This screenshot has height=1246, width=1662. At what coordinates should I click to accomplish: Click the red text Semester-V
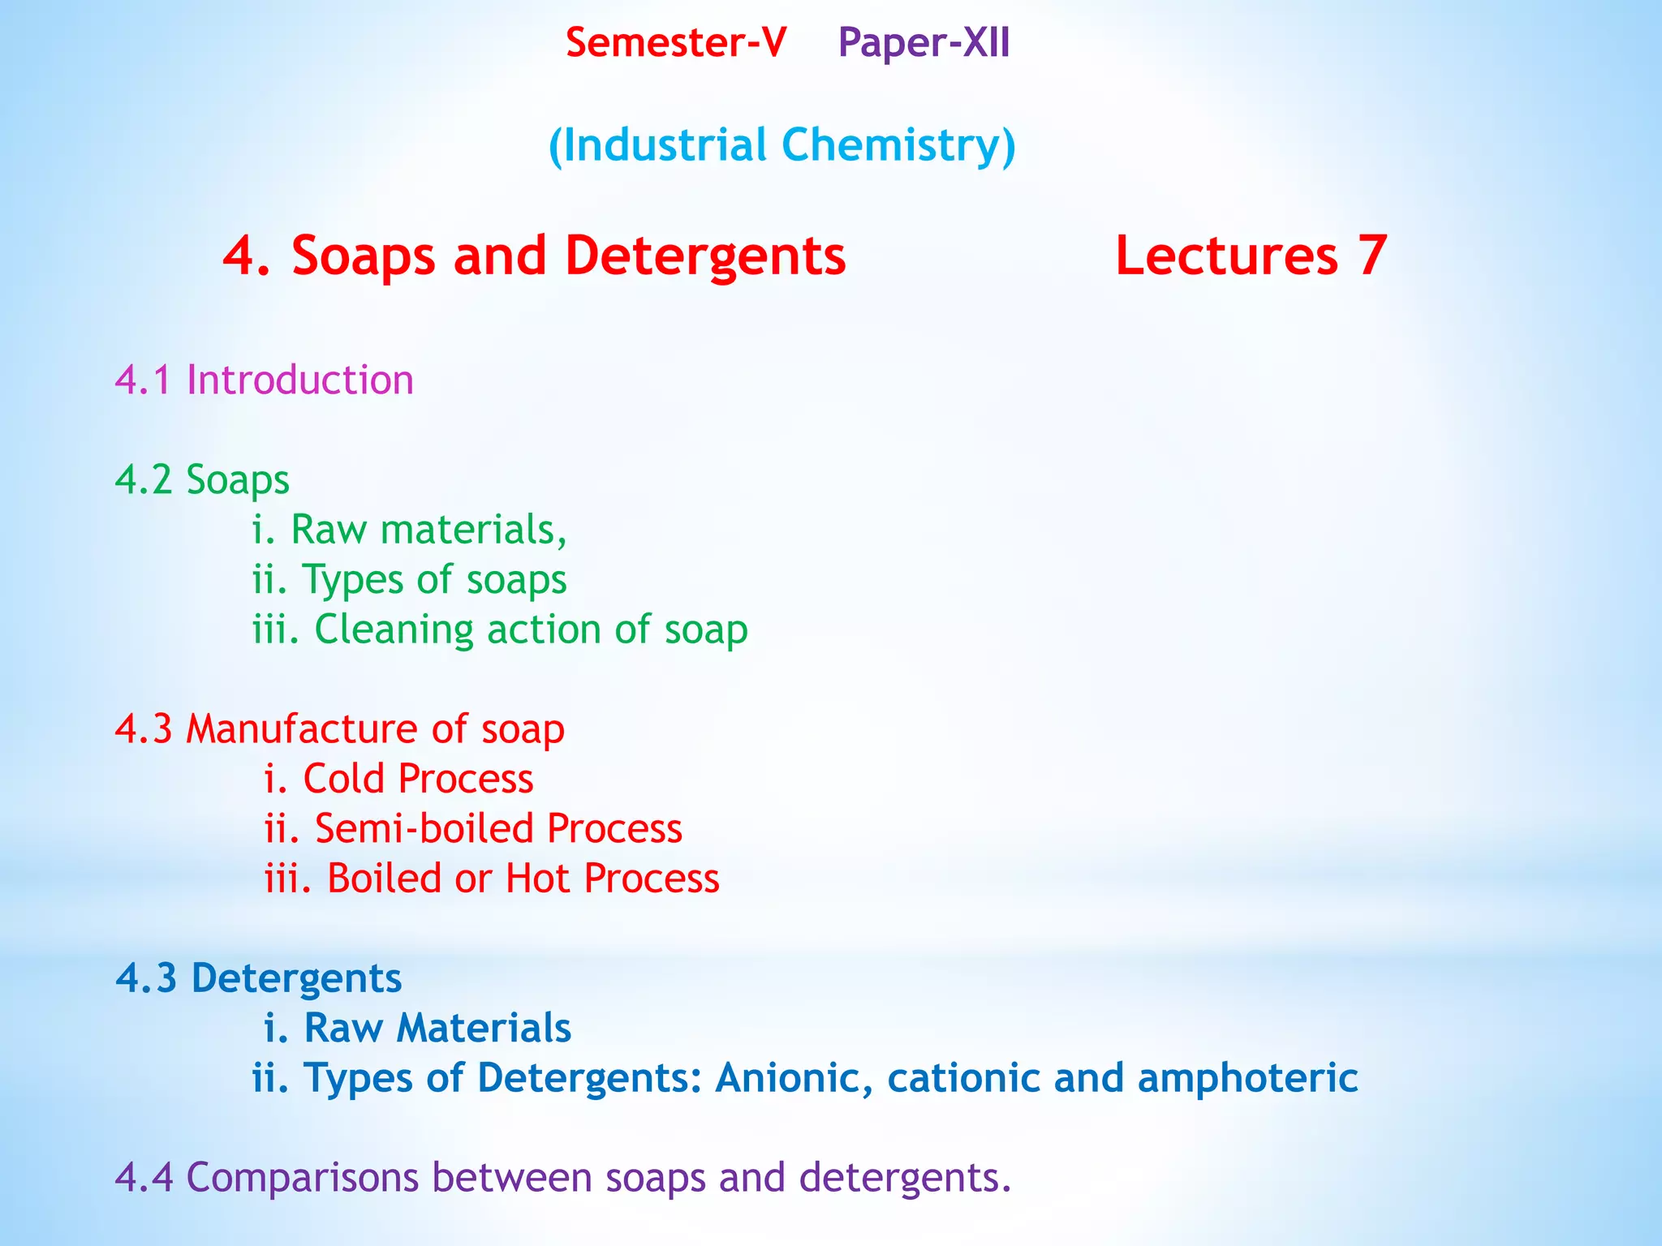675,43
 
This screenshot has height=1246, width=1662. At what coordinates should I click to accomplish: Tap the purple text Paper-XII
924,43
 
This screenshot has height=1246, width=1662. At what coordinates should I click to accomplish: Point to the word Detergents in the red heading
705,256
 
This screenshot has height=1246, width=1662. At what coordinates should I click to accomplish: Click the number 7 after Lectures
1372,256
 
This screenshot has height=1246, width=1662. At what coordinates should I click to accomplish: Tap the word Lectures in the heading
1226,256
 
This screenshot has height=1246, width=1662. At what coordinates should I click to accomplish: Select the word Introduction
299,380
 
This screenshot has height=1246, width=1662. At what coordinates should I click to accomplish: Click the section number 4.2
144,479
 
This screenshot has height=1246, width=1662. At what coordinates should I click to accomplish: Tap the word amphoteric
1247,1079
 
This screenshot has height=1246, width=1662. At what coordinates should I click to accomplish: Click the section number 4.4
144,1178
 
